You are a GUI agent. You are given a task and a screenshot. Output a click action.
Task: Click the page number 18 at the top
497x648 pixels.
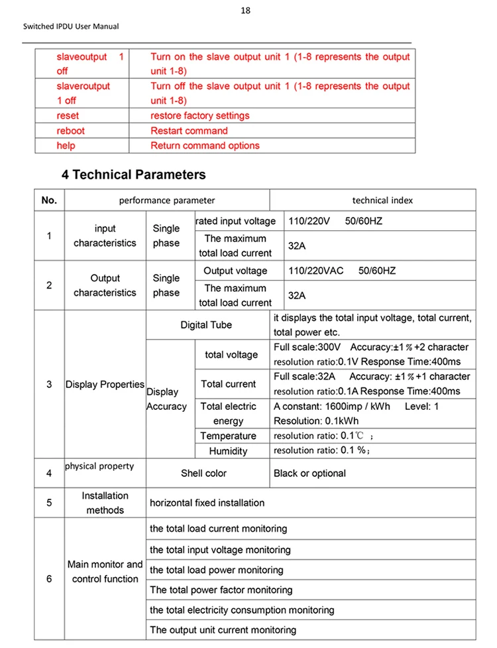click(x=247, y=11)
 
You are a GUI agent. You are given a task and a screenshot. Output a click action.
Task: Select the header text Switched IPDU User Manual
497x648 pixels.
click(x=71, y=27)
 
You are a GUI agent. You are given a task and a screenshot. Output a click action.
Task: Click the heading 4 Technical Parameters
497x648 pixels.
click(x=133, y=175)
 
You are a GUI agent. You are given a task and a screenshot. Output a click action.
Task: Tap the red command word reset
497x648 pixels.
click(x=68, y=116)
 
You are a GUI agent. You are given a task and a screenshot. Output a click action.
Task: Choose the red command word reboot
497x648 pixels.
click(x=71, y=131)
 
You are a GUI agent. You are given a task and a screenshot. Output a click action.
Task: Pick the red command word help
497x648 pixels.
click(x=66, y=145)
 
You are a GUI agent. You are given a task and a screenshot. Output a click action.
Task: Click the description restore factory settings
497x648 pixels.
click(x=199, y=116)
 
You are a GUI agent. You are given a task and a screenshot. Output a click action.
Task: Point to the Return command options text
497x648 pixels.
click(x=205, y=145)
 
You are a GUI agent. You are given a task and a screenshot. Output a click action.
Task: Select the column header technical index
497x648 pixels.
click(x=373, y=200)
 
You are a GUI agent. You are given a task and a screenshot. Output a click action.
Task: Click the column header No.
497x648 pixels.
click(x=49, y=200)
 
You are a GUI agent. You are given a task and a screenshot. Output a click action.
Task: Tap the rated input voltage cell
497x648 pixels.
click(x=235, y=221)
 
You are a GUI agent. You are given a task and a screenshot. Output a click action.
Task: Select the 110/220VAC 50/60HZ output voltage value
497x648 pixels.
click(x=342, y=271)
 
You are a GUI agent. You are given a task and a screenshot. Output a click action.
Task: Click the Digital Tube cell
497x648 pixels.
click(x=206, y=325)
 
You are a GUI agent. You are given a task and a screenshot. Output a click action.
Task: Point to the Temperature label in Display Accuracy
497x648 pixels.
click(x=228, y=436)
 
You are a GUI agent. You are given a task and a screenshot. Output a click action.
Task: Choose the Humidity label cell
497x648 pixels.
click(x=228, y=451)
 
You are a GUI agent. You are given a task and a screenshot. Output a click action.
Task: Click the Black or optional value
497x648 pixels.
click(x=309, y=474)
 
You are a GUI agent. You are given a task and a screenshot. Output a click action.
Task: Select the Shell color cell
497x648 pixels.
click(x=203, y=474)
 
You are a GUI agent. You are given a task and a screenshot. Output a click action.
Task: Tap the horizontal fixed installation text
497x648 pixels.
click(x=207, y=503)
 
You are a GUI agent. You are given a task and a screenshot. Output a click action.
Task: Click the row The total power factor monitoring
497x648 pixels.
click(x=221, y=590)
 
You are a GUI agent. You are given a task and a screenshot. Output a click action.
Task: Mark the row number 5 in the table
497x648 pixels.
click(x=49, y=503)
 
